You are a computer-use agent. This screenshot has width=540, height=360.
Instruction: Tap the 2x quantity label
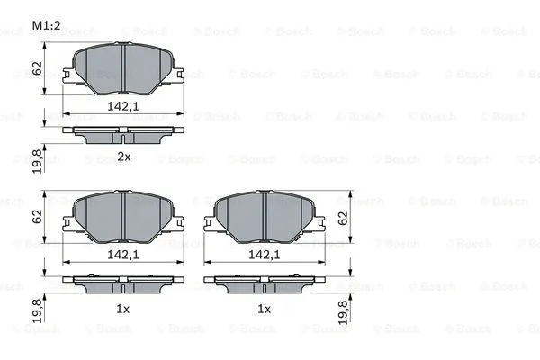point(124,157)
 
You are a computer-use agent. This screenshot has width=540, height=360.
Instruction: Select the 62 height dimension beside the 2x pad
point(36,67)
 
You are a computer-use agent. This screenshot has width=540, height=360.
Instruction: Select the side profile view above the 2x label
point(123,133)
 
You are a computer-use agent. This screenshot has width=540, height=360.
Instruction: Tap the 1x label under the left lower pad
point(124,309)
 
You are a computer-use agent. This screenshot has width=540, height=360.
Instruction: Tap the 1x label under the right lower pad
point(264,309)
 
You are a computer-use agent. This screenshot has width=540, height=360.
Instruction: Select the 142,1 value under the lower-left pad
point(124,256)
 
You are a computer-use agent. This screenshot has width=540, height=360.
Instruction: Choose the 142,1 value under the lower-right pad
point(264,256)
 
